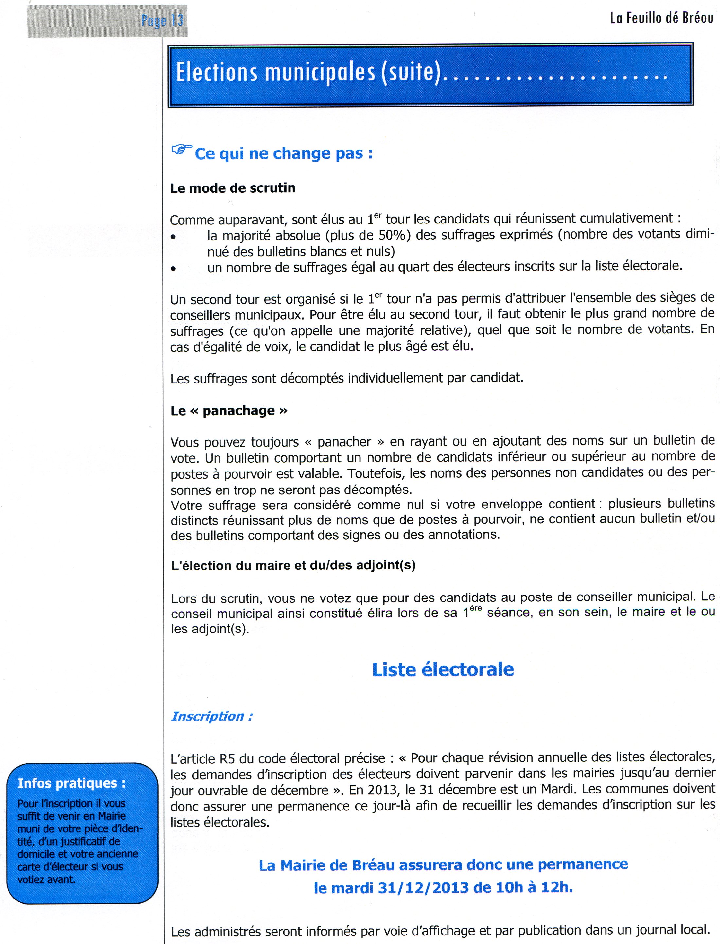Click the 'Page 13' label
click(162, 20)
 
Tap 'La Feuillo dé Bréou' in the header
click(661, 18)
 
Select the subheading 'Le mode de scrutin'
click(233, 188)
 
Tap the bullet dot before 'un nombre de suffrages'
click(173, 269)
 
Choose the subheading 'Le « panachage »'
click(229, 411)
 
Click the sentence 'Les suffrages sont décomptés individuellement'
click(347, 378)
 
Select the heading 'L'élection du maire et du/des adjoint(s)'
click(293, 565)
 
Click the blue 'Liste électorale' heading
click(443, 669)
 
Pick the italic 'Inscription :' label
click(212, 716)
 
